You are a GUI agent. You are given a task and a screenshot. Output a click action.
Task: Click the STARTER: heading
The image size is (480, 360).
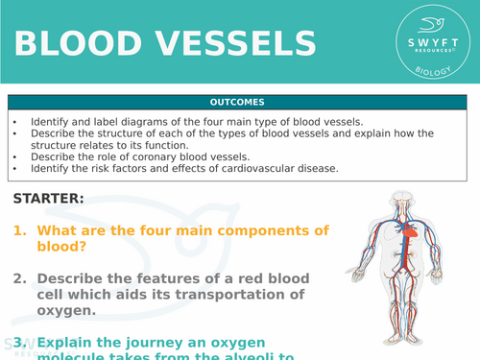point(49,199)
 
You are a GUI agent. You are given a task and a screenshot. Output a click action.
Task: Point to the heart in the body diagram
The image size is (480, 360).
point(407,231)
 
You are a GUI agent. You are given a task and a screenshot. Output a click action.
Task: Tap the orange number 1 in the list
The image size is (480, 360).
point(19,230)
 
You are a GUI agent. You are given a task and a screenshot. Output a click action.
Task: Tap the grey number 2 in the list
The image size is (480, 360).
point(19,278)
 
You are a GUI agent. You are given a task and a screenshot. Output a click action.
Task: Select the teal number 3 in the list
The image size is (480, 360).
point(19,341)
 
